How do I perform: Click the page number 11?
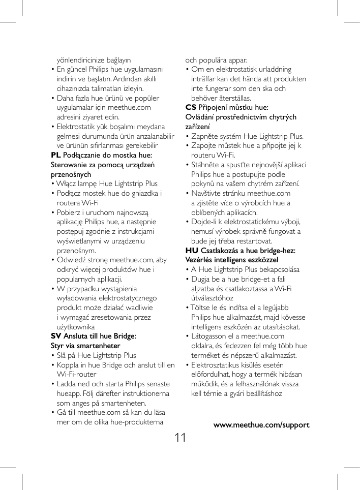tap(179, 437)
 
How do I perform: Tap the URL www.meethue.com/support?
tap(261, 425)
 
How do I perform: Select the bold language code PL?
tap(56, 155)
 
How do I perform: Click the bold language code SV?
tap(56, 336)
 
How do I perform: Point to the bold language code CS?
tap(191, 107)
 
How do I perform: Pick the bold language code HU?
tap(192, 250)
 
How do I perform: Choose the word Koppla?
tap(68, 365)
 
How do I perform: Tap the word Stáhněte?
tap(205, 165)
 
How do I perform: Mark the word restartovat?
tap(253, 241)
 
